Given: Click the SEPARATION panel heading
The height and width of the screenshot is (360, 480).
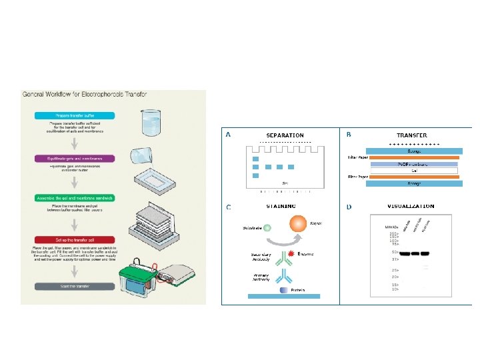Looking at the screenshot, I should click(x=285, y=135).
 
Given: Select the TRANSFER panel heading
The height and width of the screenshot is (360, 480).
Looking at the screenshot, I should click(x=413, y=135).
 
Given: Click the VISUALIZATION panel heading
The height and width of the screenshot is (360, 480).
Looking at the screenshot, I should click(x=411, y=207).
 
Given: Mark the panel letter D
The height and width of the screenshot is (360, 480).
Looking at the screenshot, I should click(x=349, y=207).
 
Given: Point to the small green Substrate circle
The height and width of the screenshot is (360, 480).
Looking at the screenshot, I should click(x=267, y=227).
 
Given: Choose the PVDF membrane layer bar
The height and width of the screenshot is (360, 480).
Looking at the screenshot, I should click(x=413, y=163).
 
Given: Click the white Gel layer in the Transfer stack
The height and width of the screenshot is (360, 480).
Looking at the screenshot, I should click(x=413, y=170).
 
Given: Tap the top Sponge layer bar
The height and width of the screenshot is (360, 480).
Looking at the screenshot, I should click(x=413, y=151).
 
